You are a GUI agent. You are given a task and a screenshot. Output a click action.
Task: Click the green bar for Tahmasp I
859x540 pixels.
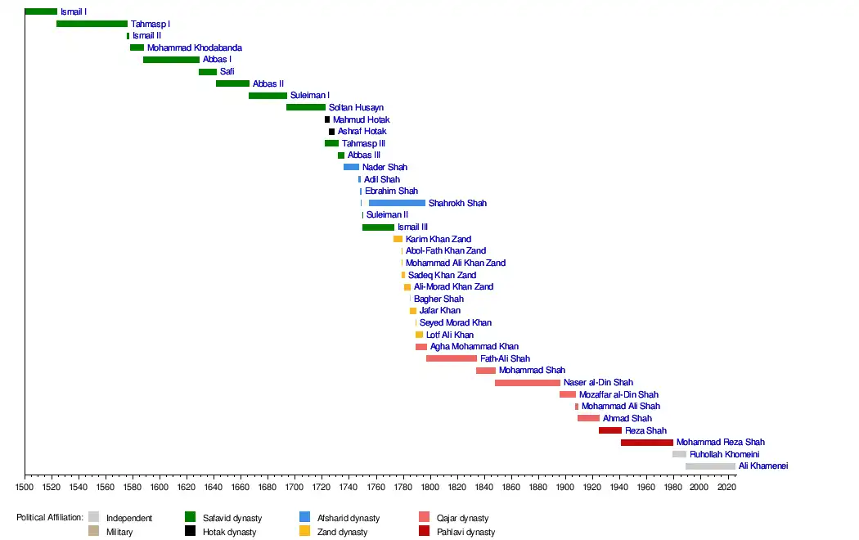92,24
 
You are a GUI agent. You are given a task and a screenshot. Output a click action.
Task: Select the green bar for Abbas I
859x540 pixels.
171,60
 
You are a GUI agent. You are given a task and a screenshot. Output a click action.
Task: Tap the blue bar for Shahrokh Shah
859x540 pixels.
397,203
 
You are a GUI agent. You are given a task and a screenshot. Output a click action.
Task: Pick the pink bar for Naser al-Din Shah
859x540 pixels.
528,383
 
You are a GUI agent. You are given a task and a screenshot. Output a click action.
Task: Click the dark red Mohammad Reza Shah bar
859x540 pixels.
646,443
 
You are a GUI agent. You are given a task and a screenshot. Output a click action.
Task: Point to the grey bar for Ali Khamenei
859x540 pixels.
710,466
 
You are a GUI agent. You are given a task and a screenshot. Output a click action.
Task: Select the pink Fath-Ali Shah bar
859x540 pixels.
451,358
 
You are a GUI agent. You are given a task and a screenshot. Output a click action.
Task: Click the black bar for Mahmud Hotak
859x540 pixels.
327,119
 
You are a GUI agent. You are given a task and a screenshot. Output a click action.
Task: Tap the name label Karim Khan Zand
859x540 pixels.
438,239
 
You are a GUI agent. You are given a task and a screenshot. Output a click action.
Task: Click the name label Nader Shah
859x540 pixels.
385,168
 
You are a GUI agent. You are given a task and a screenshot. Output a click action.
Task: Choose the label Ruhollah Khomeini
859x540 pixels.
725,454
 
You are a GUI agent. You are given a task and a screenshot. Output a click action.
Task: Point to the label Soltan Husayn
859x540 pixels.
356,108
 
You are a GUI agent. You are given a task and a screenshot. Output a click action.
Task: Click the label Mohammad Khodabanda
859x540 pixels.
195,48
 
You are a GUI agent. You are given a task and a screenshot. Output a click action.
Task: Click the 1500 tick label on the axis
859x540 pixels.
25,487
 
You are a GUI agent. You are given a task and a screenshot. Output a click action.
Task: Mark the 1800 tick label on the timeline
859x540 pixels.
429,487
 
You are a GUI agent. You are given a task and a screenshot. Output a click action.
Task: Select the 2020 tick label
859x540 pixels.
726,487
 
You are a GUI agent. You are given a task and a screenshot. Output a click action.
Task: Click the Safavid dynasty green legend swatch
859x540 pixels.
190,517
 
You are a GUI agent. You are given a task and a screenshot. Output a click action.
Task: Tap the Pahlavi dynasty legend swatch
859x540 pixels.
424,532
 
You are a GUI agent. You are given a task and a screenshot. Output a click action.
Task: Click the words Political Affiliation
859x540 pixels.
50,518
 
